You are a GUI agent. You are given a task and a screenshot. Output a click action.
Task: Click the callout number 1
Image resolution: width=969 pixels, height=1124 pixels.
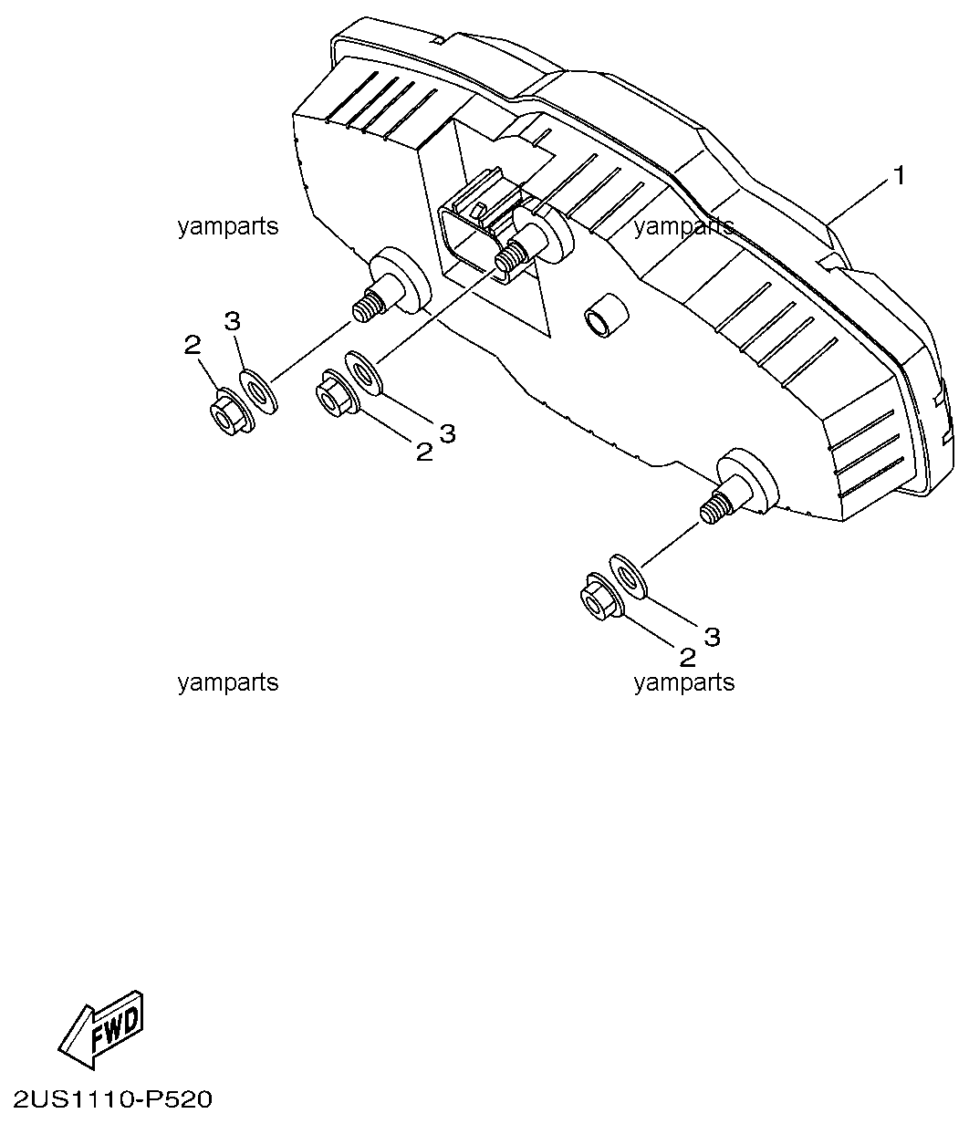900,176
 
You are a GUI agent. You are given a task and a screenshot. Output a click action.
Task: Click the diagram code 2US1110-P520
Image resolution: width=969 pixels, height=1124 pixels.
112,1099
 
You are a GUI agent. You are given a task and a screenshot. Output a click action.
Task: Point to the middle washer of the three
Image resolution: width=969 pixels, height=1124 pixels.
364,373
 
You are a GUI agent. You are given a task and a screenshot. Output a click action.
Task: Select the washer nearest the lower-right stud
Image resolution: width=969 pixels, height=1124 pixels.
628,577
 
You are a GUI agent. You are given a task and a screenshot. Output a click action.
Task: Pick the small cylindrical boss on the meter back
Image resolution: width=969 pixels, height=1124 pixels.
605,316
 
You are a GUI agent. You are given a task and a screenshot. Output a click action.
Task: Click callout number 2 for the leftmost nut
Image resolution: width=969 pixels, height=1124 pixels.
192,344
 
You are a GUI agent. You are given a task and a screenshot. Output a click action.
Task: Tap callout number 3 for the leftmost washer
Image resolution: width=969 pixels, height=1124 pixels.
232,321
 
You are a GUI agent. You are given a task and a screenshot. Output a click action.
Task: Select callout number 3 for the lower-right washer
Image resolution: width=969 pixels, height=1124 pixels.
713,636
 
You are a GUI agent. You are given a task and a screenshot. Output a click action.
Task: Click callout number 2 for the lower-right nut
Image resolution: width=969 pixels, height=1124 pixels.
688,658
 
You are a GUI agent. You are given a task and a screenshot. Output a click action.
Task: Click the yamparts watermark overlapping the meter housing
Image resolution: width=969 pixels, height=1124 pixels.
684,226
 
